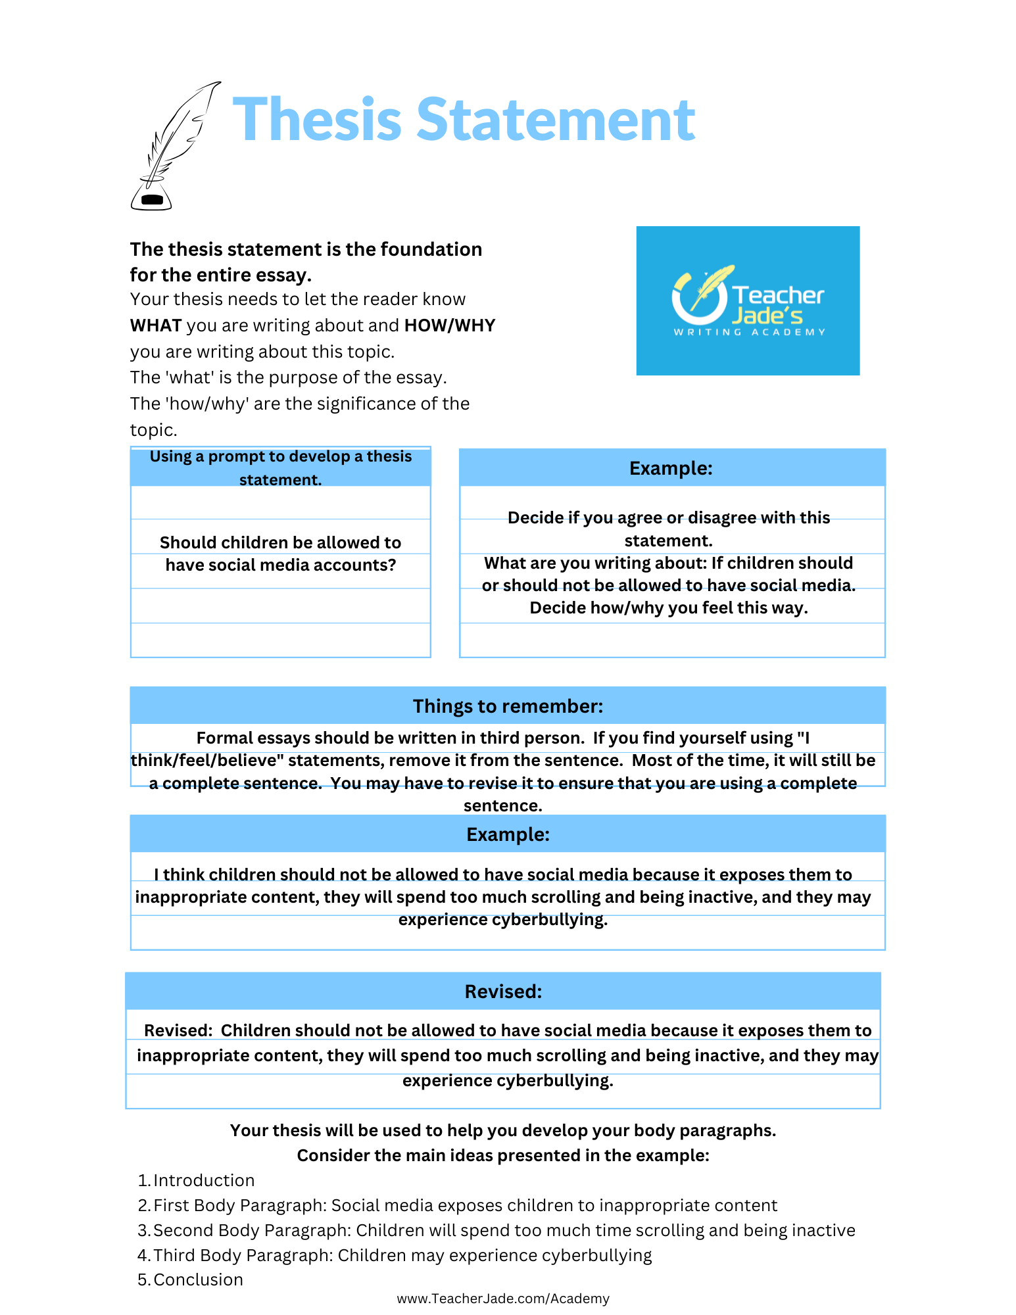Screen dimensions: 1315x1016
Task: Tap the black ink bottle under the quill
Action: coord(151,198)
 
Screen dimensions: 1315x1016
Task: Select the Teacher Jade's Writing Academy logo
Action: coord(748,301)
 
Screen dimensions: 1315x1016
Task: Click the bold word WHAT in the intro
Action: coord(156,325)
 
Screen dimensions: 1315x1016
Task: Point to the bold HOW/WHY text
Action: coord(450,325)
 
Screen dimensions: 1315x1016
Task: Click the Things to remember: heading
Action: coord(508,706)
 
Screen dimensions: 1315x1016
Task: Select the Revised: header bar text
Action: coord(503,992)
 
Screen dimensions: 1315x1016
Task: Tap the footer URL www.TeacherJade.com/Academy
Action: coord(503,1299)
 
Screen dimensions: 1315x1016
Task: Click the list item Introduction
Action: coord(204,1180)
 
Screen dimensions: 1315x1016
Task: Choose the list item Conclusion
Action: coord(198,1279)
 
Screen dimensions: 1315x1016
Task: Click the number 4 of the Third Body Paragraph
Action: coord(142,1255)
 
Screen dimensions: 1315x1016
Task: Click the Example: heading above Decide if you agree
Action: coord(671,468)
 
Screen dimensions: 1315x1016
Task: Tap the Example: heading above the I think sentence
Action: coord(508,834)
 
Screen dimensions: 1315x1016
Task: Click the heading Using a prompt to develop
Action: coord(281,457)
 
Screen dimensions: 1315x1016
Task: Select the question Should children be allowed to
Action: coord(281,542)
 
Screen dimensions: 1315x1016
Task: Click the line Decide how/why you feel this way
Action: coord(669,608)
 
